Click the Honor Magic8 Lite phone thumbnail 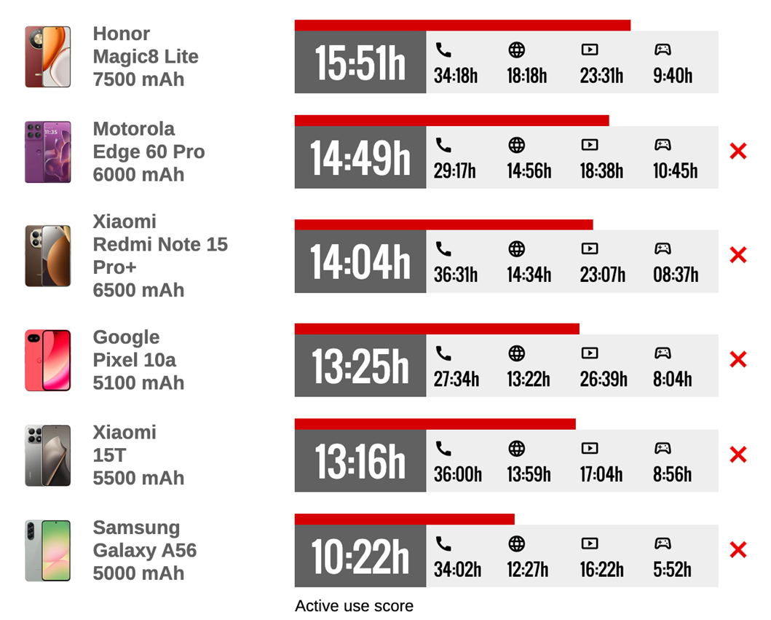pyautogui.click(x=48, y=57)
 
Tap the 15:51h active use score pyautogui.click(x=360, y=63)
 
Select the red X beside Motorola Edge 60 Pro pyautogui.click(x=738, y=152)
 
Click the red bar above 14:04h pyautogui.click(x=443, y=224)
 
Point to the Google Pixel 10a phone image pyautogui.click(x=48, y=360)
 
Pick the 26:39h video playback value pyautogui.click(x=604, y=379)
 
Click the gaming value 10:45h pyautogui.click(x=675, y=170)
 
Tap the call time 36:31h pyautogui.click(x=456, y=275)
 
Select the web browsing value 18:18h pyautogui.click(x=527, y=75)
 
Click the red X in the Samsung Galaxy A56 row pyautogui.click(x=738, y=550)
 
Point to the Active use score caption pyautogui.click(x=354, y=606)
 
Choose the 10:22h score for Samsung pyautogui.click(x=360, y=557)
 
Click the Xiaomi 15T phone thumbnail pyautogui.click(x=48, y=455)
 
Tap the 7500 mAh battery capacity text pyautogui.click(x=138, y=79)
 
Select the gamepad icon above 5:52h pyautogui.click(x=662, y=544)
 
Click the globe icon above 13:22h pyautogui.click(x=516, y=353)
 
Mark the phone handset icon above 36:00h pyautogui.click(x=443, y=448)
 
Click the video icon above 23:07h pyautogui.click(x=589, y=249)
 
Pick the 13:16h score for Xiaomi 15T pyautogui.click(x=360, y=462)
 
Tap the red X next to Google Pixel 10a pyautogui.click(x=738, y=359)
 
